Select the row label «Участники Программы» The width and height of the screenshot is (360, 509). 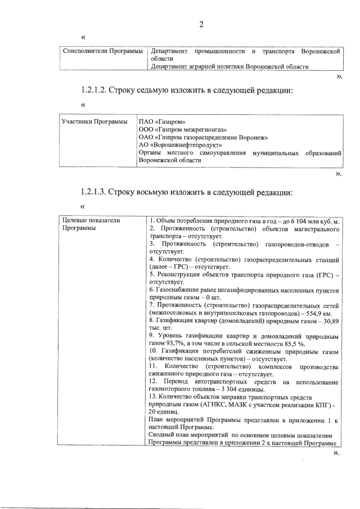click(94, 122)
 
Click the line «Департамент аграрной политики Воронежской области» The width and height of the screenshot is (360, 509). click(229, 66)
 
